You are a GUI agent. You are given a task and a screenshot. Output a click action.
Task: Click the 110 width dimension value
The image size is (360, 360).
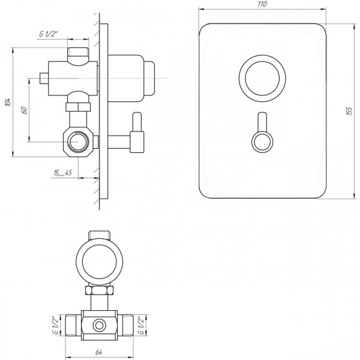point(262,4)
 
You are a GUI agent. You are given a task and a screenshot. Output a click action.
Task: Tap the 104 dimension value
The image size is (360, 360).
point(8,103)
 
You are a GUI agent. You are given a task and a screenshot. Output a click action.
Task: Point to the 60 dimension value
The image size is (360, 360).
point(24,110)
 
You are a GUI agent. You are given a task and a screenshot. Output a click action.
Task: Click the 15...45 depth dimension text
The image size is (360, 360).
point(62,173)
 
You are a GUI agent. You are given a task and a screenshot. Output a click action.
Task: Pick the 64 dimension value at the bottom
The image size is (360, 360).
point(99,352)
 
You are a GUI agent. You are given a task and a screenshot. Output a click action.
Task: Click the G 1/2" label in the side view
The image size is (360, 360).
point(49,34)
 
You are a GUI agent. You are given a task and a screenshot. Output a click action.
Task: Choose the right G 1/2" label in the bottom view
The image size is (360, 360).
point(142,325)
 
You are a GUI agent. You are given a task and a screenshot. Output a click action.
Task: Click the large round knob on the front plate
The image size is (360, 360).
point(262,78)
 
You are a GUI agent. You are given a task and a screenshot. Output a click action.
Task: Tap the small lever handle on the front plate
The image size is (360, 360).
point(262,133)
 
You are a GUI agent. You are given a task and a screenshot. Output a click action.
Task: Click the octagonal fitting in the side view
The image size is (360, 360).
point(78,142)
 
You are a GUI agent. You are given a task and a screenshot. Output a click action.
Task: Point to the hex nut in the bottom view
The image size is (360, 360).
point(99,290)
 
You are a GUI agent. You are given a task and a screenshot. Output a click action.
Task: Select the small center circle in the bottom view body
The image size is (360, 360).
point(99,325)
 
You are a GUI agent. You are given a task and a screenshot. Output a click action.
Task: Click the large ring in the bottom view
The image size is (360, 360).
point(99,262)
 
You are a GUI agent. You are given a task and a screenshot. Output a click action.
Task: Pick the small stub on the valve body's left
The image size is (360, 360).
point(44,78)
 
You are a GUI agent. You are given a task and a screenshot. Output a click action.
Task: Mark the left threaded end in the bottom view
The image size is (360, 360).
point(73,325)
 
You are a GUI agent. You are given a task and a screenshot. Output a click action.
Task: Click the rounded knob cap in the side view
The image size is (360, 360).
point(149,78)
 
